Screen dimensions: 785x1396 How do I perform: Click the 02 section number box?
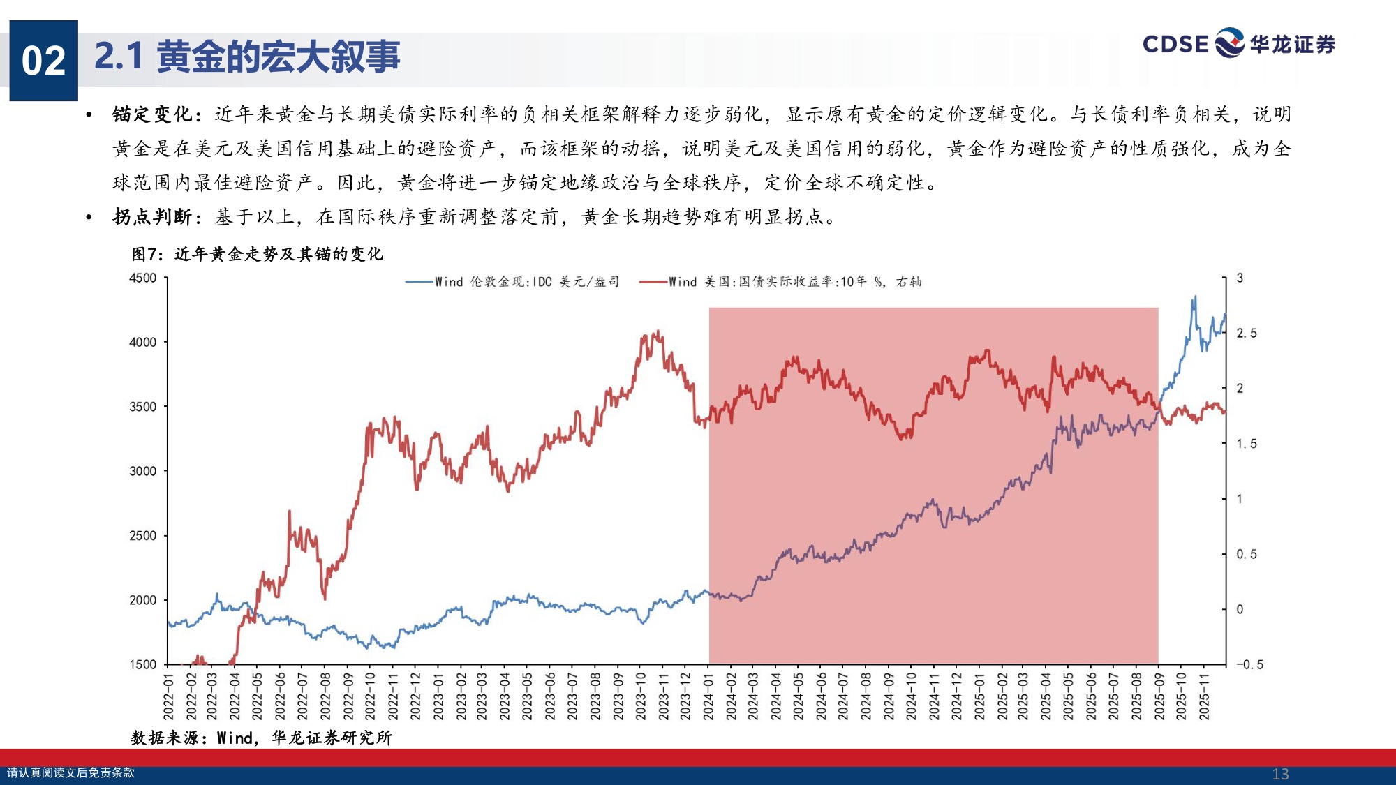pos(43,61)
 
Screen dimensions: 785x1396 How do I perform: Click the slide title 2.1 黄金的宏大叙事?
pos(247,57)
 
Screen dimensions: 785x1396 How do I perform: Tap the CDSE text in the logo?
pos(1175,45)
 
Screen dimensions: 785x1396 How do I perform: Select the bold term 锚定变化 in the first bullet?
pos(152,114)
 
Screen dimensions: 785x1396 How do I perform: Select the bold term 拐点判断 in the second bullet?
pos(152,217)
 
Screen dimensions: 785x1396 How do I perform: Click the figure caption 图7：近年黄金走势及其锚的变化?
pos(257,254)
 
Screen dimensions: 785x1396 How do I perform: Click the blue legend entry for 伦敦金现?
pos(513,282)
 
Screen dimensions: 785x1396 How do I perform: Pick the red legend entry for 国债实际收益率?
pos(781,282)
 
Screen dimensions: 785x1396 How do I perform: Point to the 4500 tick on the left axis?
pos(143,278)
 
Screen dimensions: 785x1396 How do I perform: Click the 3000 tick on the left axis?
pos(143,471)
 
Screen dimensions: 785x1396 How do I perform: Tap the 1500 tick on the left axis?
pos(143,664)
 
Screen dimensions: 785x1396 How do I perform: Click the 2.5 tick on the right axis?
pos(1247,334)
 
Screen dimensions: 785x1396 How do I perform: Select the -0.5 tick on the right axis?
pos(1249,664)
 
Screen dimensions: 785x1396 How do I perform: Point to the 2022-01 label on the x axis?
pos(168,695)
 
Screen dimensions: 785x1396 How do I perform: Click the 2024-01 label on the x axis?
pos(708,695)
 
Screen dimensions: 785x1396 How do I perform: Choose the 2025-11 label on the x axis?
pos(1204,695)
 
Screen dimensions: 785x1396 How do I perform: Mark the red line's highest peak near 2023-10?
pos(658,332)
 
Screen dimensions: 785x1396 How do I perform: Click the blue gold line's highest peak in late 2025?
pos(1194,297)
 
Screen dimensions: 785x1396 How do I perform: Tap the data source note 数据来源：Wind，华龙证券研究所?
pos(262,738)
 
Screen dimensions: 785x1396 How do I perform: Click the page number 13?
pos(1280,774)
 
